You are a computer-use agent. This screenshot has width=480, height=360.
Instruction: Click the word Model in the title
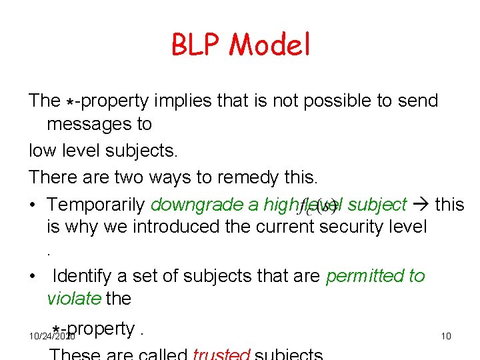click(270, 45)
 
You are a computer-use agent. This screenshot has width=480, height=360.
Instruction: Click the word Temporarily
click(97, 204)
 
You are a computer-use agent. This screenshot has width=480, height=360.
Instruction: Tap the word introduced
click(175, 227)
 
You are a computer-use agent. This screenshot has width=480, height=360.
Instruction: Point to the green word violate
click(73, 298)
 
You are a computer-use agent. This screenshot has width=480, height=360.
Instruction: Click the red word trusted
click(221, 353)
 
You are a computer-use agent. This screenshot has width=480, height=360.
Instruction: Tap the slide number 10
click(446, 336)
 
